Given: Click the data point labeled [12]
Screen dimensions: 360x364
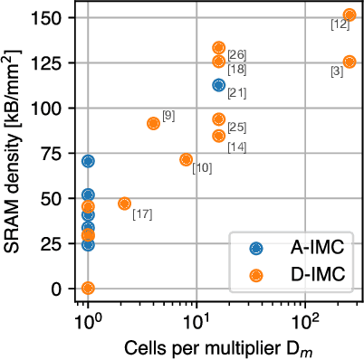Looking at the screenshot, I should point(350,15).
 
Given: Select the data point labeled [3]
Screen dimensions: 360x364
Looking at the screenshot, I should point(350,62).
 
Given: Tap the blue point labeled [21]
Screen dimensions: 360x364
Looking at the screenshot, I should point(218,85).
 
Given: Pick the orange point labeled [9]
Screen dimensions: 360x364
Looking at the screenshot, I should point(153,123).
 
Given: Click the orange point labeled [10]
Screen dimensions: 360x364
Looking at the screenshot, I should point(186,159).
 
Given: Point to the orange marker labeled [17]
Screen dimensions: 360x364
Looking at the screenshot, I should point(124,204).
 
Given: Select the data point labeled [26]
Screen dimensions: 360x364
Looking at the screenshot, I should point(218,48).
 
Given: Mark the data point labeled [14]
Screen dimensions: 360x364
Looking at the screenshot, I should point(218,136).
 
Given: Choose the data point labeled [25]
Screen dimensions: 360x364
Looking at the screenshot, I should point(218,118).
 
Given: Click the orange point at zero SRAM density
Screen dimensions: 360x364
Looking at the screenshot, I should point(88,288).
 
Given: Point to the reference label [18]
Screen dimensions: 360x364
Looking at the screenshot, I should point(237,70).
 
